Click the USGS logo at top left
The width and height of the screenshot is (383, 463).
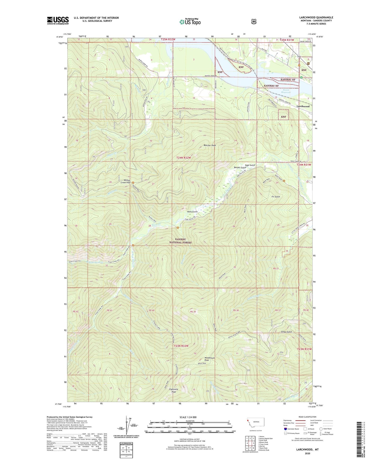(58, 20)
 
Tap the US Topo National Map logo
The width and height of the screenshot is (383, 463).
(190, 22)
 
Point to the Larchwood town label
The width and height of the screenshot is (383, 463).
(303, 106)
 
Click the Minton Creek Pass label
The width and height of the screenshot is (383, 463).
(125, 181)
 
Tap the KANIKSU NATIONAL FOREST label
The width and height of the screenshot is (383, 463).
(182, 241)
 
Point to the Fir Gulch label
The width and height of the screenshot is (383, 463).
(275, 197)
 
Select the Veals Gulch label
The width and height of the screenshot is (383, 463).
(192, 212)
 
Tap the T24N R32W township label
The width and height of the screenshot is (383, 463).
(183, 158)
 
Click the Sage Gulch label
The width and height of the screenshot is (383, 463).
(250, 165)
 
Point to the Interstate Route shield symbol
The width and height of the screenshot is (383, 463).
(285, 429)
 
